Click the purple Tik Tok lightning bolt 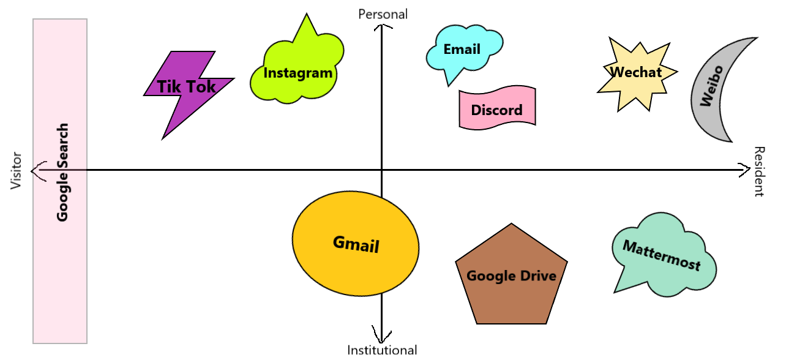coord(186,87)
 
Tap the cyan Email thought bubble coord(462,50)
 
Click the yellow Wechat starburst coord(636,72)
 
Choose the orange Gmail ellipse coord(356,244)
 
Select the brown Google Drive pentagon coord(511,276)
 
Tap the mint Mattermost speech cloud coord(662,255)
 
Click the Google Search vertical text coord(62,172)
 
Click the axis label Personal coord(383,13)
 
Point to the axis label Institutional coord(382,351)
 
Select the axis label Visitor coord(17,171)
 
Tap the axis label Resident coord(759,171)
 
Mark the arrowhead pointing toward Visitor coord(38,170)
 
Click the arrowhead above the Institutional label coord(382,338)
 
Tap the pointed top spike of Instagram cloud coord(305,20)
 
